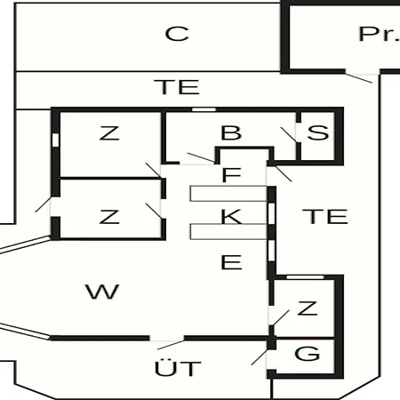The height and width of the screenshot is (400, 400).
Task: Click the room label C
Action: coord(177,34)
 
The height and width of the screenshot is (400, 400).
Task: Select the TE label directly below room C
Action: coord(177,87)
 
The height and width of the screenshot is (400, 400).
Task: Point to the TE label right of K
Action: coord(325,216)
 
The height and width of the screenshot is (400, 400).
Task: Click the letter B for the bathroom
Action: coord(231,132)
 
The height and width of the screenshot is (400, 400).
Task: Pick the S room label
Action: coord(318,132)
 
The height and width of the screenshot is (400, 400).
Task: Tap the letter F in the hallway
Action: coord(231,174)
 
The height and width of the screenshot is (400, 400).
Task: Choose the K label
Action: coord(231,216)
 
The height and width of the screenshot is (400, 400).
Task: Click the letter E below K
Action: coord(231,262)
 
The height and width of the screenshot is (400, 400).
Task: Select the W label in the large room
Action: coord(102,292)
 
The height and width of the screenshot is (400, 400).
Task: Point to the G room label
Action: coord(308,353)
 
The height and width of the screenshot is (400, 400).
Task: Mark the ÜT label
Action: coord(178,367)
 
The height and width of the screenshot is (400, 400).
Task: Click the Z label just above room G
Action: coord(308,308)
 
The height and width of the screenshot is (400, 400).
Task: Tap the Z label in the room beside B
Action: coord(109,133)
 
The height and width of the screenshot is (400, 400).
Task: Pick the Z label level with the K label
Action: coord(109,217)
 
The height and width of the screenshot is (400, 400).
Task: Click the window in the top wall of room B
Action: coord(204,109)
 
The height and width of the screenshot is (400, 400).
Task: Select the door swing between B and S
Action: coord(289,135)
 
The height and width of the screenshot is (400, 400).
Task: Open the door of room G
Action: coord(260,357)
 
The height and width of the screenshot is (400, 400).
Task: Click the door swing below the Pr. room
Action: coord(358,78)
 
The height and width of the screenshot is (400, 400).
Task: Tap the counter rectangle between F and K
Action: coord(228,194)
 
